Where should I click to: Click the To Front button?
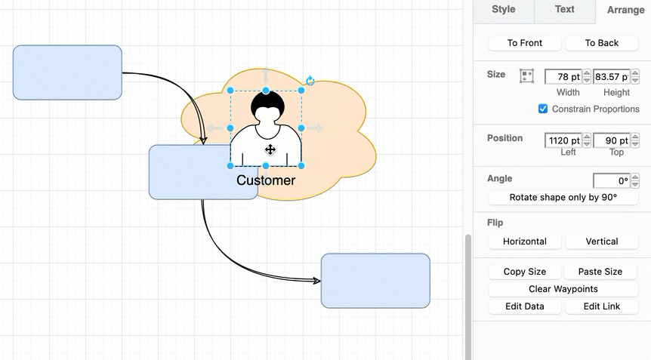[x=525, y=43]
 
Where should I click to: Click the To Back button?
[x=601, y=43]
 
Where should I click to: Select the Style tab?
[x=503, y=10]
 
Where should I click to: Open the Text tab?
[x=564, y=10]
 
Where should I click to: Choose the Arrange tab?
[x=625, y=11]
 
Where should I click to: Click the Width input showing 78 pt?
[x=563, y=76]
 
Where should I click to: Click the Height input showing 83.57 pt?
[x=611, y=76]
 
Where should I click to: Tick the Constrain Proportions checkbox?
[x=543, y=109]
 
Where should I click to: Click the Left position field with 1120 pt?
[x=563, y=140]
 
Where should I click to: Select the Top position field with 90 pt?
[x=611, y=140]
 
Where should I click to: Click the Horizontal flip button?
[x=525, y=242]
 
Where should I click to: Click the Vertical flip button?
[x=601, y=242]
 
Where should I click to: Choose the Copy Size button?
[x=525, y=272]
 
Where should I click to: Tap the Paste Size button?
[x=601, y=272]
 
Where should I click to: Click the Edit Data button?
[x=525, y=306]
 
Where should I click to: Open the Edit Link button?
[x=601, y=306]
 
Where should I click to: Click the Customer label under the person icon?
[x=266, y=180]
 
